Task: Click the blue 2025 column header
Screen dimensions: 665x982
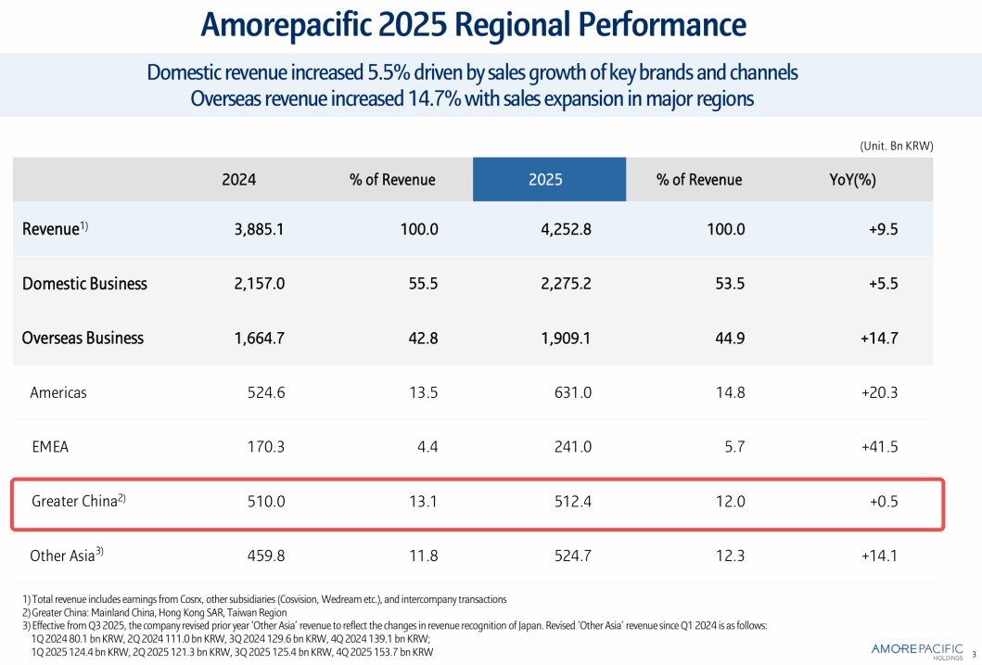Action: (x=545, y=180)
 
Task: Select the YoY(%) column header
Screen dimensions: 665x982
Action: (x=852, y=180)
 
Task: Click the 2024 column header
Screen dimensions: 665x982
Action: (x=238, y=180)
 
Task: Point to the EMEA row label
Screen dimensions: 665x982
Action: (x=50, y=447)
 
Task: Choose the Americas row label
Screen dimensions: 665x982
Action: (x=58, y=392)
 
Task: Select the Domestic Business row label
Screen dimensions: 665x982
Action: (x=84, y=284)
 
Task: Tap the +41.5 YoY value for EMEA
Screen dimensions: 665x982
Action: (x=879, y=447)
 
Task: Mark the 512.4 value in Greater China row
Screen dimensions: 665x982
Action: (x=572, y=502)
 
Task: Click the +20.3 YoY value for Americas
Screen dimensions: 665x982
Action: (x=879, y=392)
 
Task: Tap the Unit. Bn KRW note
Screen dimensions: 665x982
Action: (x=896, y=146)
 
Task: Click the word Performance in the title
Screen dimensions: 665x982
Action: (x=644, y=25)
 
